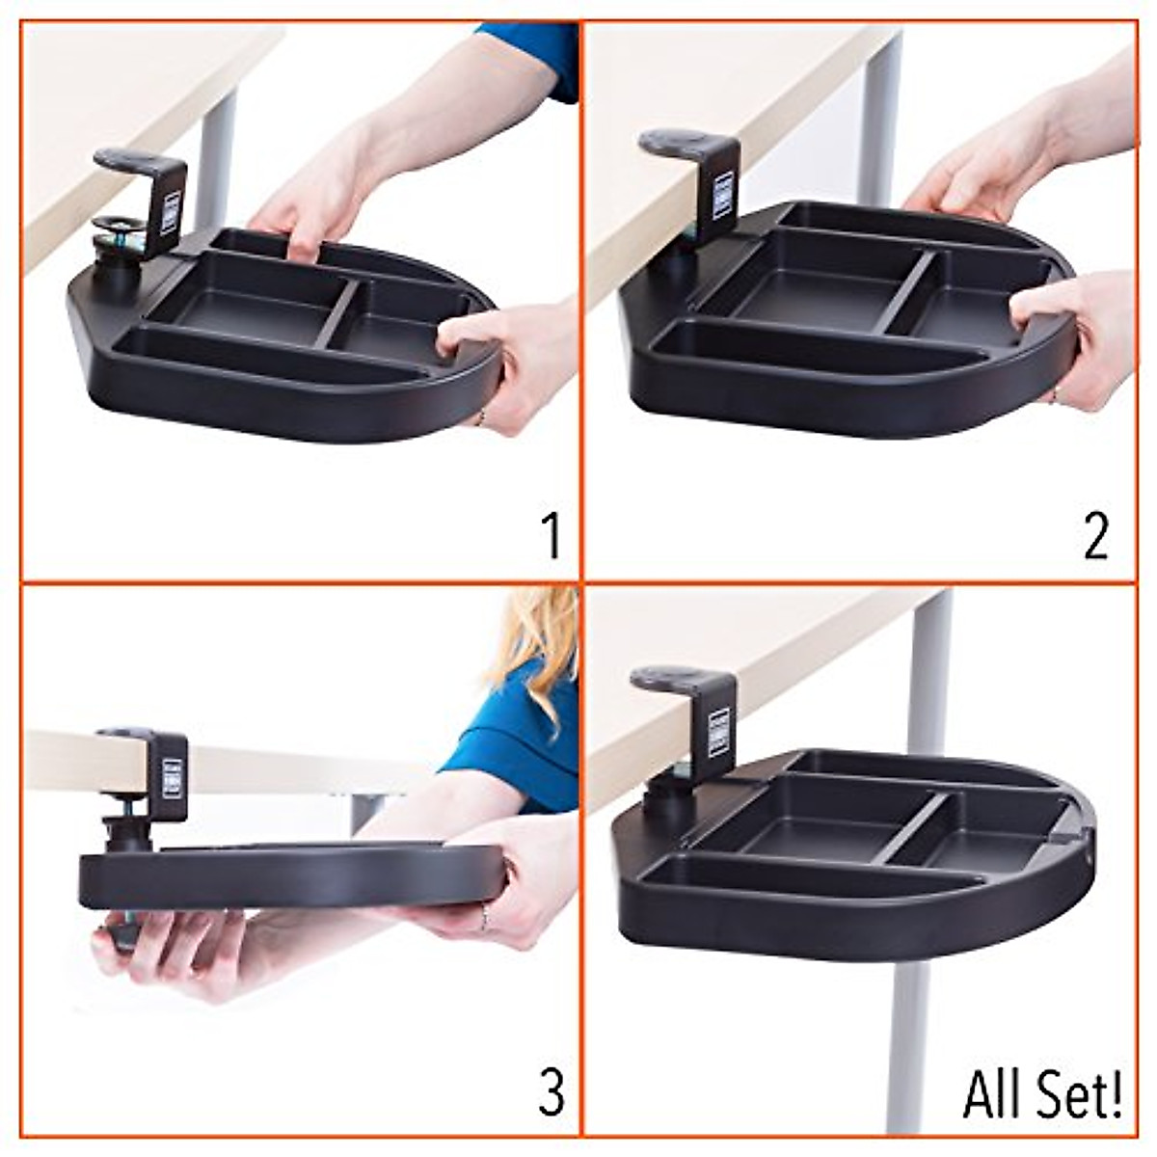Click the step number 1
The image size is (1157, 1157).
[x=551, y=537]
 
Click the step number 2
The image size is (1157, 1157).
[x=1096, y=537]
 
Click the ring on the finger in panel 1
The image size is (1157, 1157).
[x=480, y=417]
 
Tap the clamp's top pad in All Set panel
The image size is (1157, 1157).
[x=665, y=678]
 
